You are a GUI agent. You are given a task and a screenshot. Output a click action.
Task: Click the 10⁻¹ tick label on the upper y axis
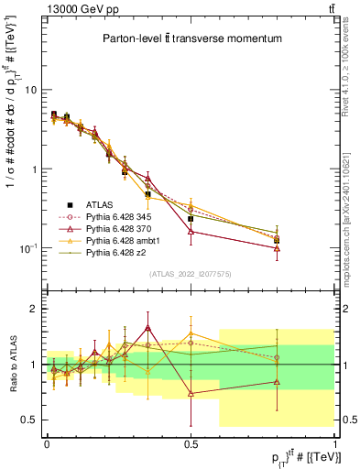27,248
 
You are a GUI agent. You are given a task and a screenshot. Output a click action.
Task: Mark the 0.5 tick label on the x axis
191,442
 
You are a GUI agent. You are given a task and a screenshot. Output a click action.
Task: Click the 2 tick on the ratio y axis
34,309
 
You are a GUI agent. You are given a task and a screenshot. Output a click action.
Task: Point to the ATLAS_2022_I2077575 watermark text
191,274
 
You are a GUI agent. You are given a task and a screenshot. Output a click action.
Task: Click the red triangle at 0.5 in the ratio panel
191,393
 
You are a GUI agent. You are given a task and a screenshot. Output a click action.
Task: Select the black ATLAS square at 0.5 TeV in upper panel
191,219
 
